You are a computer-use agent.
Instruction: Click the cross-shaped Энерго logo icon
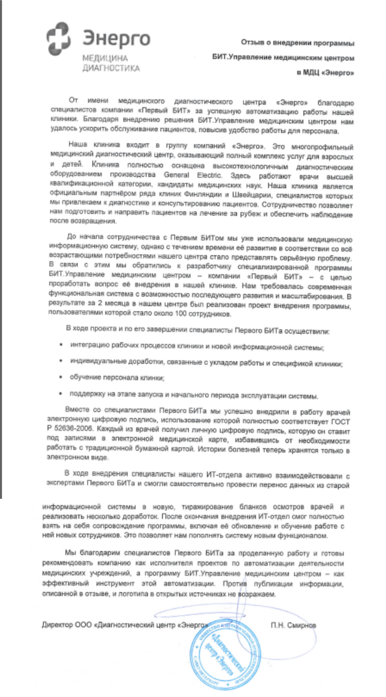click(x=59, y=39)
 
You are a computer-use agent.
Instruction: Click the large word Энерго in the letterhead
click(x=116, y=38)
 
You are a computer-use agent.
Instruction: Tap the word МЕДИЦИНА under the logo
click(x=105, y=58)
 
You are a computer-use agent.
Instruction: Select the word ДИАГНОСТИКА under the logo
click(x=111, y=68)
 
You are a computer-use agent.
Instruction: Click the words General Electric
click(x=193, y=175)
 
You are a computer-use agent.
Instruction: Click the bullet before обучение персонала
click(x=61, y=377)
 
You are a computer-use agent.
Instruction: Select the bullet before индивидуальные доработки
click(x=61, y=361)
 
